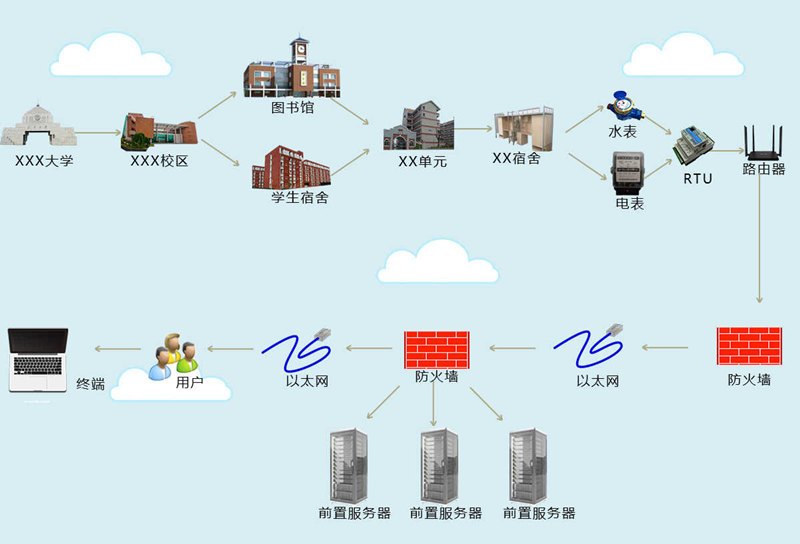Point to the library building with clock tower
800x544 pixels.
292,70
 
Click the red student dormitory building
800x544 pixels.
290,166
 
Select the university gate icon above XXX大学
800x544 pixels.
38,127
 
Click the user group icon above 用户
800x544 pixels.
173,356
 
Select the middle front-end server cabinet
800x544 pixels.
439,465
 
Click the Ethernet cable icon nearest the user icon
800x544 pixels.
296,347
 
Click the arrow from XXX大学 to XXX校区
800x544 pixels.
97,131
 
